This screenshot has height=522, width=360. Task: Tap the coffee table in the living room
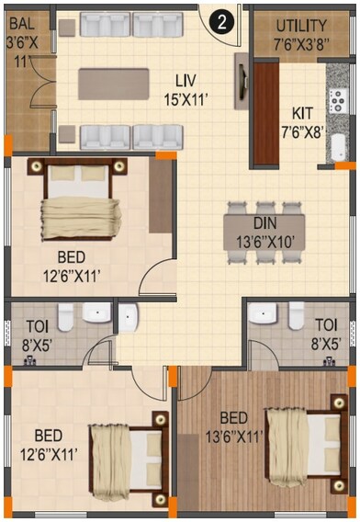pos(112,84)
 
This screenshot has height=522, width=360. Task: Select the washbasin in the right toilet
pos(266,312)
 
